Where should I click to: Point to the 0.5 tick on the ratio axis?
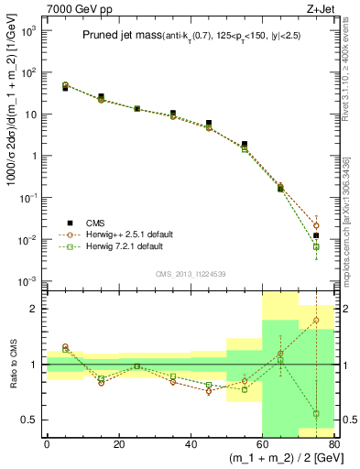pyautogui.click(x=33, y=420)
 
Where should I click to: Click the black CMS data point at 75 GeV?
pyautogui.click(x=316, y=235)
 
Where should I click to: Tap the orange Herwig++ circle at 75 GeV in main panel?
pyautogui.click(x=316, y=225)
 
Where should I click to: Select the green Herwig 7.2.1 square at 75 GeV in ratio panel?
pyautogui.click(x=316, y=413)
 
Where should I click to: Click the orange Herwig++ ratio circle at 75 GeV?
pyautogui.click(x=316, y=321)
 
